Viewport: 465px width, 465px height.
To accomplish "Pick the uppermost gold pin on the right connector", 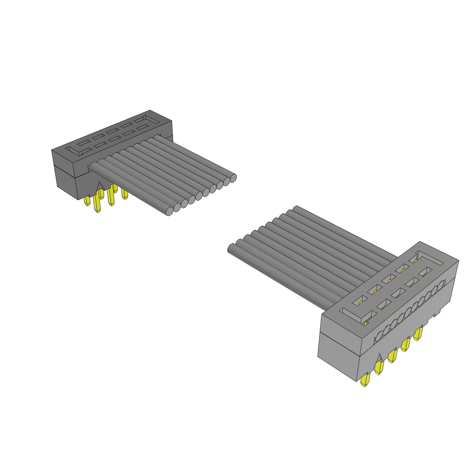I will pos(418,333).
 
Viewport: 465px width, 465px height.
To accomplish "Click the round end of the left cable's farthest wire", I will pos(233,178).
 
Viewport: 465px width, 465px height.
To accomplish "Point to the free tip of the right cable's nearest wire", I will pos(231,248).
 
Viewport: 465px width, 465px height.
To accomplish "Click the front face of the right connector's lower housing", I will pos(338,359).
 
